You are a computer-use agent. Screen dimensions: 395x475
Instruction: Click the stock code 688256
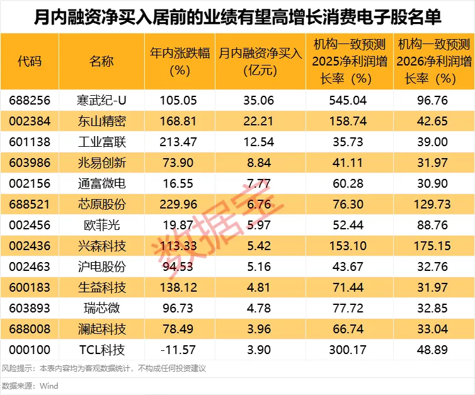point(30,100)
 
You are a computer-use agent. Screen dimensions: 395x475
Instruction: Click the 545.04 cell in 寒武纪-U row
point(348,100)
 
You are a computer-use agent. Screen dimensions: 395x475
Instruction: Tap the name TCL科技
point(101,350)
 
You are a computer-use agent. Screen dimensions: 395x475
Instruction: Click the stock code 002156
point(30,183)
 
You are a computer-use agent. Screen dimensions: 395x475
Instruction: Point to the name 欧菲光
point(101,225)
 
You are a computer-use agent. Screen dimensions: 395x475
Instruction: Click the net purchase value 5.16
point(260,266)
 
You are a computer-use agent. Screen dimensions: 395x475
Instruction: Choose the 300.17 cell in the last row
point(348,350)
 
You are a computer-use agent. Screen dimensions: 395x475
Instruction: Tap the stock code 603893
point(30,309)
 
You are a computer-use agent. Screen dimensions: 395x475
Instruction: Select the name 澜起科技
point(101,329)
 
